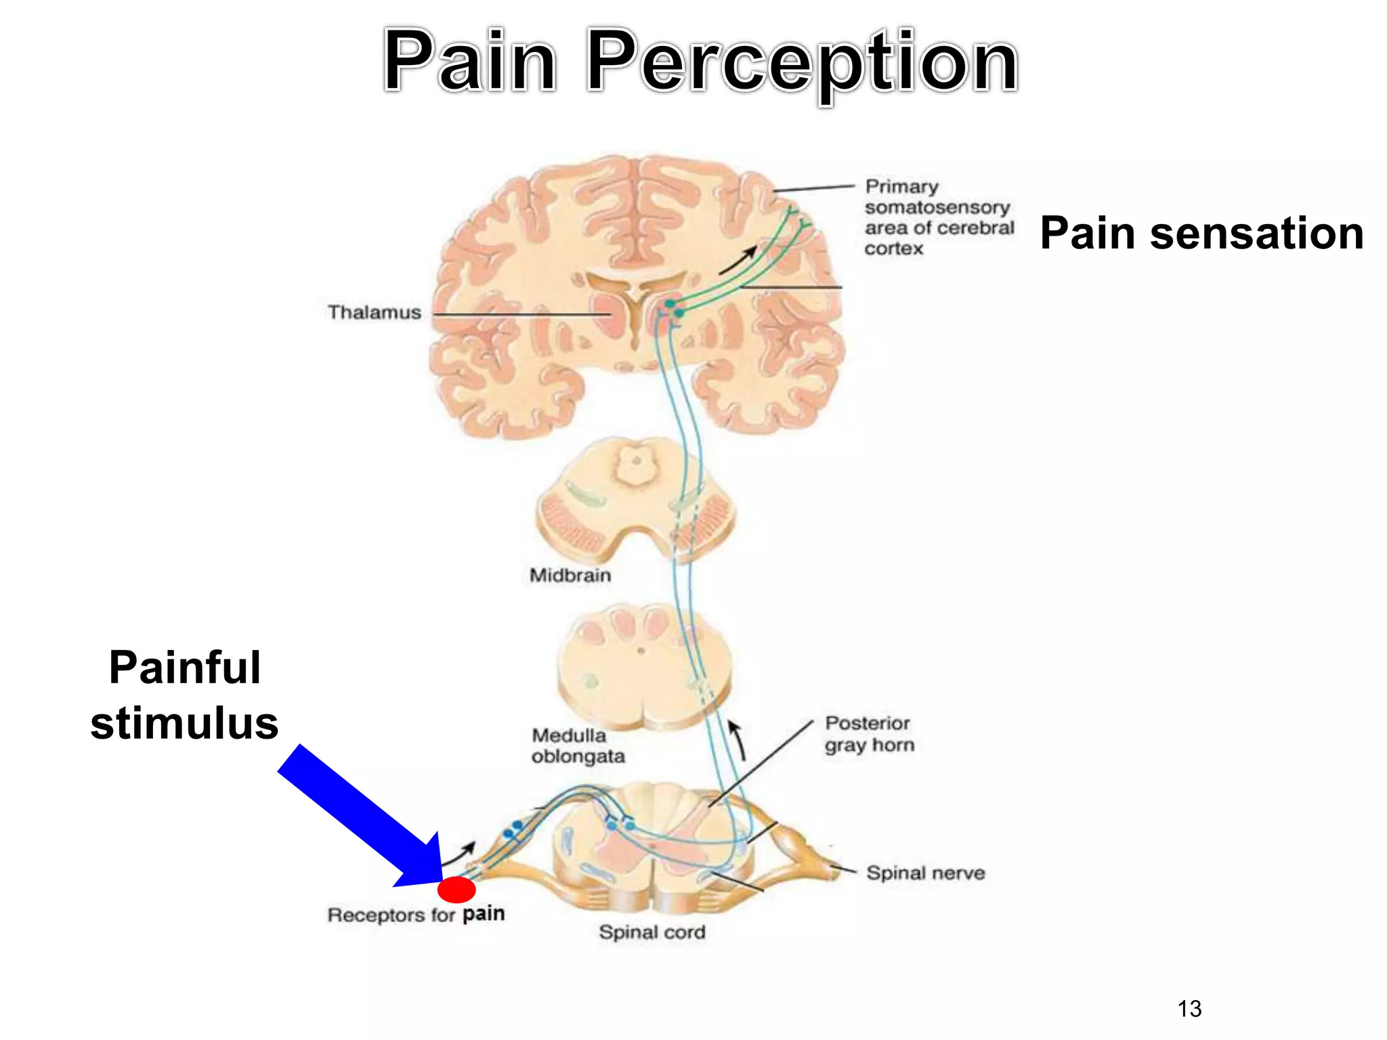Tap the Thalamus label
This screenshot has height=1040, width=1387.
(x=374, y=312)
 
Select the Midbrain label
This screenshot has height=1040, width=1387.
(x=570, y=575)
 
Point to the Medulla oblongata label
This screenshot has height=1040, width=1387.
(x=578, y=745)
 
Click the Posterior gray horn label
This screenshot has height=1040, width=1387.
(x=869, y=734)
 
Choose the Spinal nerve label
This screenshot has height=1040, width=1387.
(x=925, y=873)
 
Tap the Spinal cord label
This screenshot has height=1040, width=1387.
(x=652, y=932)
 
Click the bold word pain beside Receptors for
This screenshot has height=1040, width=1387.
(x=484, y=913)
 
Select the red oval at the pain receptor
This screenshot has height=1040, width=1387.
(x=456, y=889)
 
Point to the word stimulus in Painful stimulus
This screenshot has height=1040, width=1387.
(x=184, y=723)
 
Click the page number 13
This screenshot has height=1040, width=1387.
(x=1189, y=1009)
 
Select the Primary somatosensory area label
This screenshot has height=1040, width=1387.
(x=938, y=217)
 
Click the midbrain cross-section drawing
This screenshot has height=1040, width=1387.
(x=635, y=501)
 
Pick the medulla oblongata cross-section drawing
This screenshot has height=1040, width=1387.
(x=643, y=667)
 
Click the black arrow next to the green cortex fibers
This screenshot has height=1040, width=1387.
(x=738, y=260)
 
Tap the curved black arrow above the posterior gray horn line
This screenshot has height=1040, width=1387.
(x=738, y=740)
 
